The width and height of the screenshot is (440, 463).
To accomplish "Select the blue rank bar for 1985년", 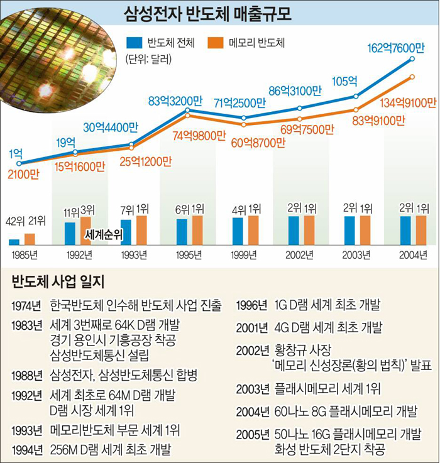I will point(14,241).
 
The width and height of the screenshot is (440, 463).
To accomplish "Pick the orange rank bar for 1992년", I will point(85,231).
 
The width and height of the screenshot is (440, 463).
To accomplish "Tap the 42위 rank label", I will point(14,221).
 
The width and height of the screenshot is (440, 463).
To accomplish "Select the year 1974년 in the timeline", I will point(25,305).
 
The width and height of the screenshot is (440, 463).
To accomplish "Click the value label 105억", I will point(344,81).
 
